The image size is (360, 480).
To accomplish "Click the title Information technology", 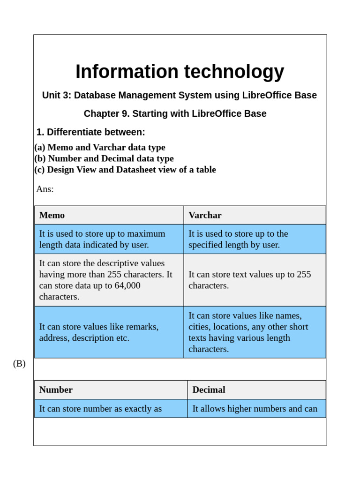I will tap(180, 72).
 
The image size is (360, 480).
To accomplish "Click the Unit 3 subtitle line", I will tap(180, 95).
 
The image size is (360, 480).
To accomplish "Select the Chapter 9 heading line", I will tap(175, 113).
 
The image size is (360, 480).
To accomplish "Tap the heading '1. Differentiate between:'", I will tap(91, 132).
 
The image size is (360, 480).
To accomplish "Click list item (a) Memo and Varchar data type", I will tap(100, 147).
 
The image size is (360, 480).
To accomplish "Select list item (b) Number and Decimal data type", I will tap(104, 158).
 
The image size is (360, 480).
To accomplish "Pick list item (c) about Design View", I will tap(125, 170).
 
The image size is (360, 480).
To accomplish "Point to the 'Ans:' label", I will tap(45, 189).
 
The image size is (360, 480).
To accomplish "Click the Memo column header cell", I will tap(109, 215).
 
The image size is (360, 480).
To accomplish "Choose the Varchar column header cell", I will tap(255, 215).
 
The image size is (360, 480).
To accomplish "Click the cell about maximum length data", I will tap(109, 239).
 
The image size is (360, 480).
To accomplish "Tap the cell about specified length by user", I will tap(255, 239).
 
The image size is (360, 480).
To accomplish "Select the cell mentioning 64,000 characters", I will tap(109, 280).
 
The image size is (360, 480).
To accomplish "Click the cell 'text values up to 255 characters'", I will tap(255, 280).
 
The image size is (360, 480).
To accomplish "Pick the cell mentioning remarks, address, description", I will tap(109, 332).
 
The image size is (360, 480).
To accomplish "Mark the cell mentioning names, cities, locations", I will tap(255, 332).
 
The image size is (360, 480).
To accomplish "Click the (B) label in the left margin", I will tap(19, 363).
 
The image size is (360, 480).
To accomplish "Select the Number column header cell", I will tap(111, 390).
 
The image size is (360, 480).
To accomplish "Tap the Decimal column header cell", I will tap(256, 390).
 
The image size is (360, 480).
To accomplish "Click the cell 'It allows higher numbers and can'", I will tap(256, 408).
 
